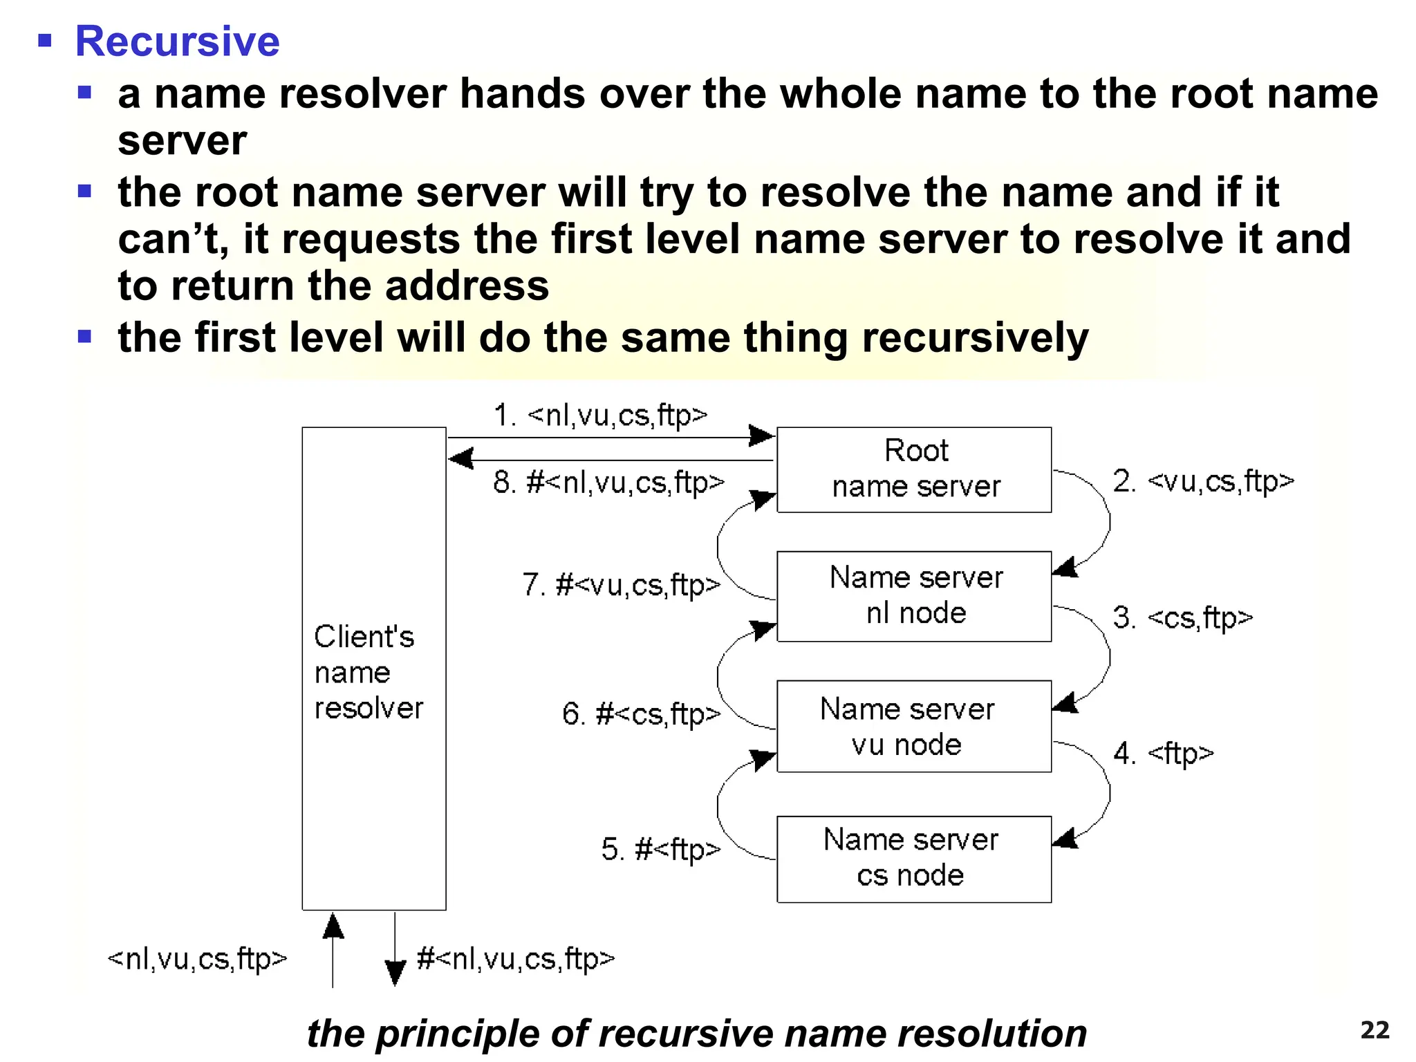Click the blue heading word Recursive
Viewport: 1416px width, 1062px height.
pos(177,41)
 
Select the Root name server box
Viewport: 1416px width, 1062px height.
pos(914,469)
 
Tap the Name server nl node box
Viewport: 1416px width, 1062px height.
pos(914,596)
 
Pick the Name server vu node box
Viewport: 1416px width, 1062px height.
pos(914,726)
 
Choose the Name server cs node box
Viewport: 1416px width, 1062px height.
pos(914,859)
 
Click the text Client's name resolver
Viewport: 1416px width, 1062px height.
pos(367,672)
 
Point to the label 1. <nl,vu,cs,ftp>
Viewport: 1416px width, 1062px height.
pos(600,415)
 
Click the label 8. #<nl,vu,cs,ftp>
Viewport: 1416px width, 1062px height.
pos(608,482)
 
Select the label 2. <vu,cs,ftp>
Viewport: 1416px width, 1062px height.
pos(1203,481)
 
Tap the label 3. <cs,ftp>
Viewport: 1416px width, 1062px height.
pos(1182,617)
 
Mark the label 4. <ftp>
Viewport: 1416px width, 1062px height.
pos(1163,753)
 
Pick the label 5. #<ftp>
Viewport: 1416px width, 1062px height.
pos(660,849)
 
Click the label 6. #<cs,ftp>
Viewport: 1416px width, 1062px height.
pos(641,714)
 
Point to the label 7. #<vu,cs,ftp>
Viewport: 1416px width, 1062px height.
pos(621,585)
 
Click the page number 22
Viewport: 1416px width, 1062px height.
pos(1375,1030)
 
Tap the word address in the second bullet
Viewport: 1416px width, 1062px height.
pos(467,286)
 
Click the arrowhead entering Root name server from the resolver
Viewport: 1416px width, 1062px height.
pos(762,436)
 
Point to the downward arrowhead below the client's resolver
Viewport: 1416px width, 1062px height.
pos(395,973)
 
